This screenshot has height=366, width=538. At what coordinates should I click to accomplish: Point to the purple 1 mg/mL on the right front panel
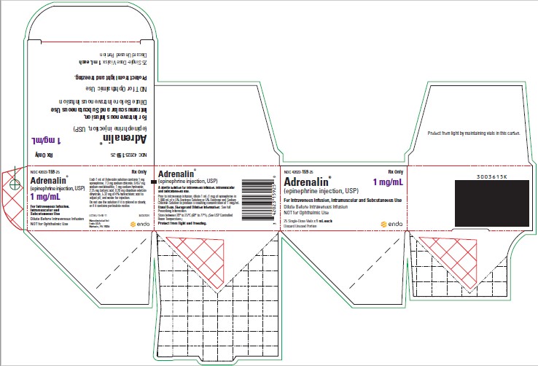[389, 182]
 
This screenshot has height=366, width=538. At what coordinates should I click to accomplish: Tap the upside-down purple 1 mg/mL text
[44, 139]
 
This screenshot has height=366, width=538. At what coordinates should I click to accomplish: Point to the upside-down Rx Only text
[40, 155]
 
